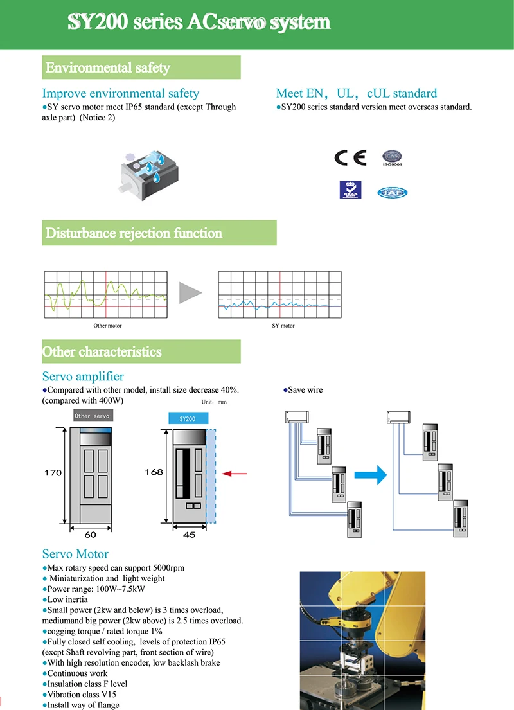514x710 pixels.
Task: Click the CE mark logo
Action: point(350,157)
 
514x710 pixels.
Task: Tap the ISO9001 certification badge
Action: point(392,158)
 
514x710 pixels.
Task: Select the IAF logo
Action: point(393,191)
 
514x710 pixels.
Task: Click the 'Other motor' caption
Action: point(107,326)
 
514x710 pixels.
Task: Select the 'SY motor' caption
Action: point(283,326)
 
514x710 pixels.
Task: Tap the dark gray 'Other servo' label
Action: point(93,416)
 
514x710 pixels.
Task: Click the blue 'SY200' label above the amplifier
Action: point(188,418)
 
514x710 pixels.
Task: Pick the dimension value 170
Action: point(53,473)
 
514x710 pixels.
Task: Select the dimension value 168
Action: point(154,472)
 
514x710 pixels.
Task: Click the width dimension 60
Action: point(90,535)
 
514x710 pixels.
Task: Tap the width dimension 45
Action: point(189,535)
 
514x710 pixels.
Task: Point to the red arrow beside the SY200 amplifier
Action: point(234,474)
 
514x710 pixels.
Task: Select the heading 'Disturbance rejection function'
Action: point(134,233)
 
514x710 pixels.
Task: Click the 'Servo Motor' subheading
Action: point(75,554)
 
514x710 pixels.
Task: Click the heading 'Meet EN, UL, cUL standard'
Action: point(356,93)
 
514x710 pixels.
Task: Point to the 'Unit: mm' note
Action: point(214,402)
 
